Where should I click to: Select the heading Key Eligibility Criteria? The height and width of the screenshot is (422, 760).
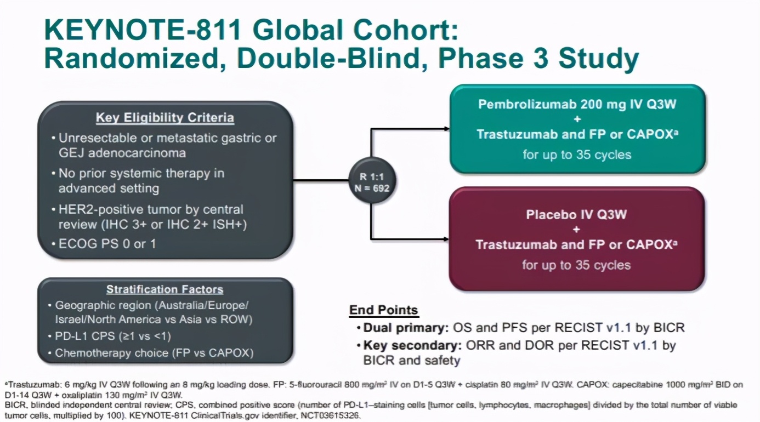tap(165, 118)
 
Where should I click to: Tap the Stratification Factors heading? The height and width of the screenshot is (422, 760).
tap(165, 289)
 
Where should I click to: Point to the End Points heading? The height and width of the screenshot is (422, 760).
tap(383, 310)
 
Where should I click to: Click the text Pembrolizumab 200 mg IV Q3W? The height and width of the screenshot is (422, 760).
tap(577, 104)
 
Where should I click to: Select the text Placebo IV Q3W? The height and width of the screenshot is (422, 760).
tap(576, 214)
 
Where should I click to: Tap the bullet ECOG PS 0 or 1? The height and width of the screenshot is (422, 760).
tap(107, 243)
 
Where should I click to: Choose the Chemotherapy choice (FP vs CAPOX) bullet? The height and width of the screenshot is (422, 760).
tap(154, 353)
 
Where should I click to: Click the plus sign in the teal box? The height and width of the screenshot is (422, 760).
tap(577, 119)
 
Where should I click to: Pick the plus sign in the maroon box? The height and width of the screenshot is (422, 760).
tap(576, 230)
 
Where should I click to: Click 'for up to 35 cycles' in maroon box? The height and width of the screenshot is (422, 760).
tap(576, 265)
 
